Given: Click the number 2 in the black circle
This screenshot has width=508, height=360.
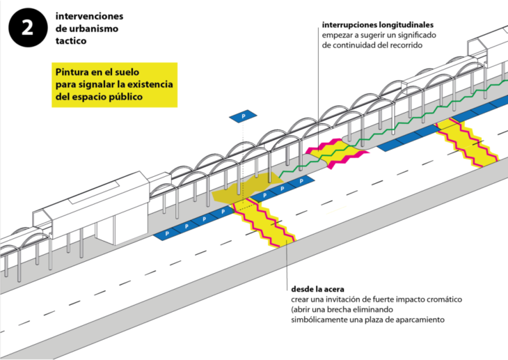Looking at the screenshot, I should tap(26, 29).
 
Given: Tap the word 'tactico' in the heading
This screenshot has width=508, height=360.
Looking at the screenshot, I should tap(72, 41).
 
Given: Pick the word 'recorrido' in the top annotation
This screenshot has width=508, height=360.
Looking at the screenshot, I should tap(403, 45).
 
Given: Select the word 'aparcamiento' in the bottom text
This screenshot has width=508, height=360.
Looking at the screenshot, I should tap(418, 320).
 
